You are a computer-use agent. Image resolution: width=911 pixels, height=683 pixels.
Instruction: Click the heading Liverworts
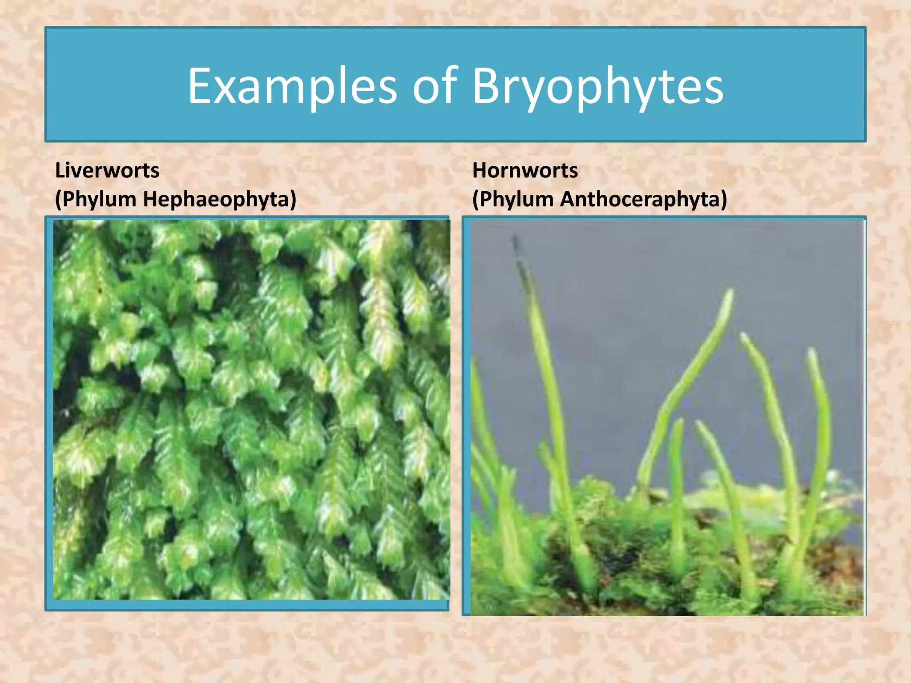coord(107,170)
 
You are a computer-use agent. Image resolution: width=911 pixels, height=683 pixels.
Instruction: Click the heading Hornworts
coord(525,170)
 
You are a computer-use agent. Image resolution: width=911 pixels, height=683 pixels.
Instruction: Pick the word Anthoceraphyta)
coord(643,199)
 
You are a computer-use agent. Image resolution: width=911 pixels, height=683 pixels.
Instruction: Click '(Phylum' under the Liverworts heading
coord(95,199)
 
